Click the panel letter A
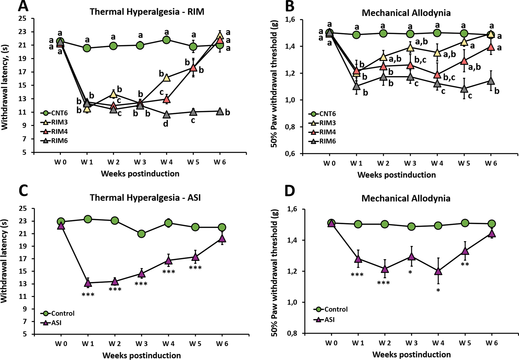pos(23,6)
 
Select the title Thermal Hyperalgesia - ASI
pos(145,198)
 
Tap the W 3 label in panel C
pos(141,344)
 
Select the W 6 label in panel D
pos(492,343)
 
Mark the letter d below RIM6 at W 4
pos(166,124)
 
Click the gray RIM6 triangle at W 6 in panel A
pos(220,111)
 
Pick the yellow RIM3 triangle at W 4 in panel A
pos(167,78)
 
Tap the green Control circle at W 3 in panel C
pos(141,234)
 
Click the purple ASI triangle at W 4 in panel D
pos(438,271)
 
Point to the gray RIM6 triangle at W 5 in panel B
pos(464,89)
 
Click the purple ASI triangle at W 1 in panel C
pos(88,283)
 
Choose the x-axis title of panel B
pos(396,175)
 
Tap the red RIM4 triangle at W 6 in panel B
pos(491,47)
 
